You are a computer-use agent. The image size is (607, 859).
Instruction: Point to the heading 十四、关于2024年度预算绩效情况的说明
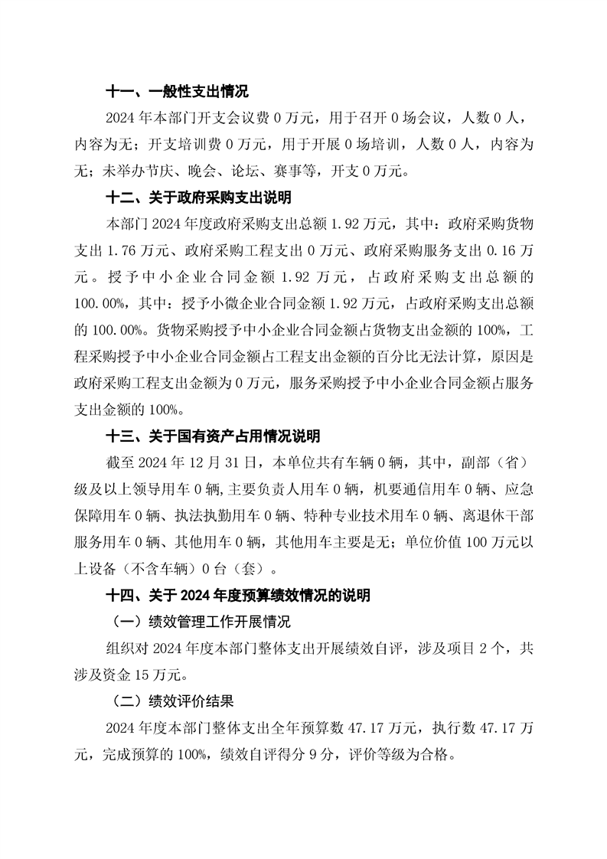pos(238,594)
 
